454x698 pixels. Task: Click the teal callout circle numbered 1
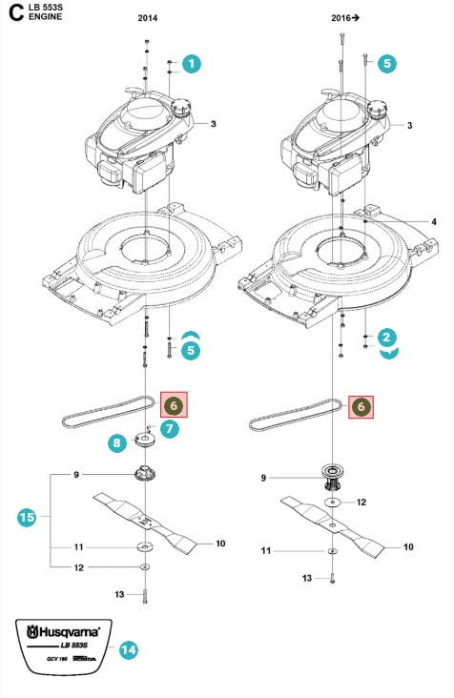point(191,64)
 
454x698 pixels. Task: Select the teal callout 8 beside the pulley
point(116,443)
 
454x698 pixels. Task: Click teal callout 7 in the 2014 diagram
point(169,430)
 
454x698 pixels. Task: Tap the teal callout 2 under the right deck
point(386,338)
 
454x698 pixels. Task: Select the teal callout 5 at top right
point(386,64)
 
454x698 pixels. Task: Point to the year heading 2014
point(150,17)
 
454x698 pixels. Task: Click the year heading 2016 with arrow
point(346,17)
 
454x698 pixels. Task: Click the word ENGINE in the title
point(47,18)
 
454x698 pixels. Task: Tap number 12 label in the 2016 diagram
point(361,502)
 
